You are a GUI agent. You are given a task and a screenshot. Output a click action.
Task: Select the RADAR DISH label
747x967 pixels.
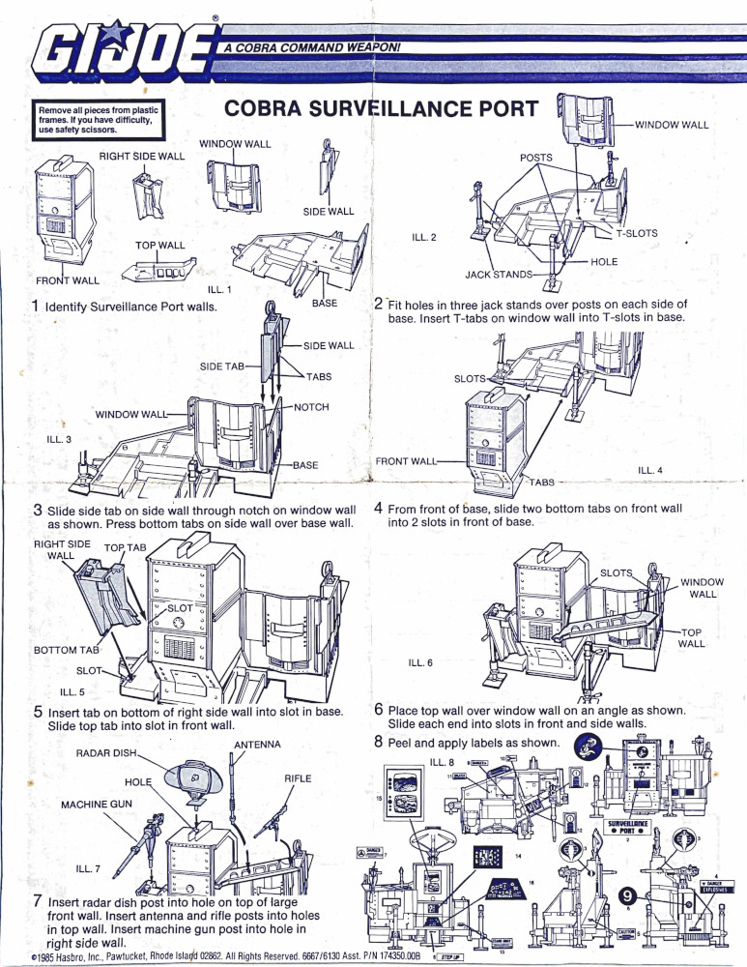(x=107, y=751)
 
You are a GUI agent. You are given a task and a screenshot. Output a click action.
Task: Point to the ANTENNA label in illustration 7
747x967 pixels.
(x=257, y=745)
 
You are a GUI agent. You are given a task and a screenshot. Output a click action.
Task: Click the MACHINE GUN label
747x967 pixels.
(x=97, y=805)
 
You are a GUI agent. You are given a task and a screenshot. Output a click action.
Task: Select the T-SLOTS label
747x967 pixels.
(x=637, y=233)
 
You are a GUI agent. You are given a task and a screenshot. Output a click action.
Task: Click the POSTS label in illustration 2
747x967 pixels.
(x=535, y=157)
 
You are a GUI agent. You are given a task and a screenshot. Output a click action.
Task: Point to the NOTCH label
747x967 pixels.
(x=310, y=407)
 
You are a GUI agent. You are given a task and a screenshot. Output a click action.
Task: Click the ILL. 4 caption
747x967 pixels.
(x=650, y=470)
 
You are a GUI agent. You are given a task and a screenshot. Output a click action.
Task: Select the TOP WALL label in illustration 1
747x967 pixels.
(x=160, y=246)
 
